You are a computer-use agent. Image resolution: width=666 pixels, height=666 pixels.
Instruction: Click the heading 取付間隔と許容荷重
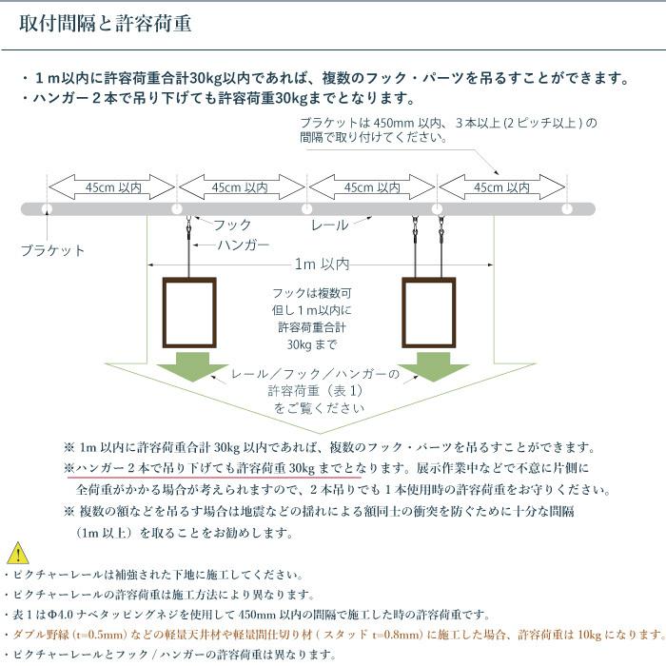[106, 24]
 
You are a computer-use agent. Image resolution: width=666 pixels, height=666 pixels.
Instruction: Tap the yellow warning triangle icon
[18, 553]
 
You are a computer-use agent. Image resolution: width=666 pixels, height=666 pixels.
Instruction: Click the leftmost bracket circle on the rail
[47, 209]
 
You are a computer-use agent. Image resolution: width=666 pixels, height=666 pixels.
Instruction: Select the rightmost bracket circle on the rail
[567, 209]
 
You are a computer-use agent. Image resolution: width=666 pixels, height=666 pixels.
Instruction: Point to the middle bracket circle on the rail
[306, 209]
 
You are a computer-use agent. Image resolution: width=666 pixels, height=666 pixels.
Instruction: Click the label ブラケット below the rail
[52, 250]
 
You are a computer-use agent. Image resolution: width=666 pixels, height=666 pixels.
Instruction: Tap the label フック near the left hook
[232, 225]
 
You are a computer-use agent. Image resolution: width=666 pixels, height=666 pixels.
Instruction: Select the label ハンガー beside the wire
[244, 245]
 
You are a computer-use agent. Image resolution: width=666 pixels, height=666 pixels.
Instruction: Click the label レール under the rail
[329, 225]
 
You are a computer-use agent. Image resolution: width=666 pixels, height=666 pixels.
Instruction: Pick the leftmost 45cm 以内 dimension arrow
[111, 187]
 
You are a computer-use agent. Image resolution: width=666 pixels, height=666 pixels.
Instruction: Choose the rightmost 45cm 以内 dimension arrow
[502, 187]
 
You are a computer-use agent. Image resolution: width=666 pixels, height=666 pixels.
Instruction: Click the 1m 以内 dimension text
[322, 264]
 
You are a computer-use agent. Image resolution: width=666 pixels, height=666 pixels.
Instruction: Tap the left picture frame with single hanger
[189, 278]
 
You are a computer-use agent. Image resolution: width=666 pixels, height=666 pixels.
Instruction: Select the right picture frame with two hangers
[429, 278]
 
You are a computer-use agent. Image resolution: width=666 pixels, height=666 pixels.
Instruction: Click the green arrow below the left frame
[192, 366]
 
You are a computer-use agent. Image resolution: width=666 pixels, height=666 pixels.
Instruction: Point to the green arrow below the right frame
[433, 366]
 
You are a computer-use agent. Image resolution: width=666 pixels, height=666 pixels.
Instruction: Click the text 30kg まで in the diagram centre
[312, 344]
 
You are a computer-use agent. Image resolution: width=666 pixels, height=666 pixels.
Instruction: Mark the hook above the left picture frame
[189, 226]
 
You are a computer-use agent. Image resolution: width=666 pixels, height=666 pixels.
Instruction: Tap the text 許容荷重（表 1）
[315, 391]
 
